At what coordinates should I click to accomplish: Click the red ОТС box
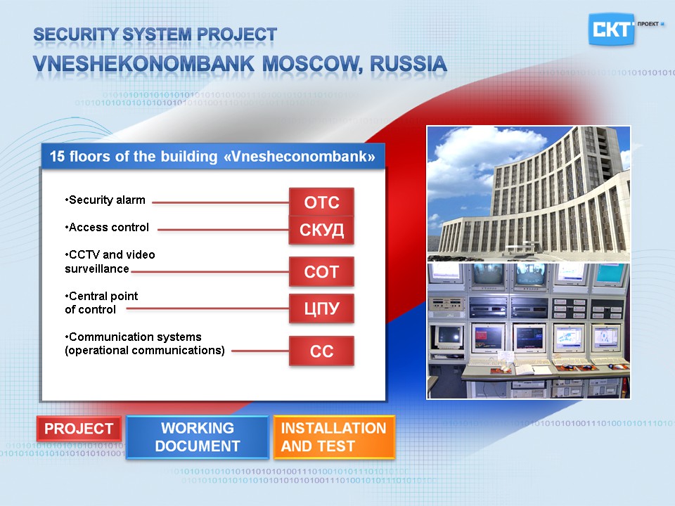coord(321,202)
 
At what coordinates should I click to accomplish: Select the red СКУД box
coord(321,230)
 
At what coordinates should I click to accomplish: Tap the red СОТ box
coord(321,271)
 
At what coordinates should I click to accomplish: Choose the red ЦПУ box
coord(321,308)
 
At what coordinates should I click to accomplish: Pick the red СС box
coord(321,351)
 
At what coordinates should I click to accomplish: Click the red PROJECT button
coord(79,429)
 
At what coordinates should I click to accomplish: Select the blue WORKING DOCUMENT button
coord(198,437)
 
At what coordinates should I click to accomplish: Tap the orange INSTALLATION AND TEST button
coord(334,437)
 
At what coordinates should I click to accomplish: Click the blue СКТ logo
coord(611,30)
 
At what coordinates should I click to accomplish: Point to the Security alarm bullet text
coord(105,200)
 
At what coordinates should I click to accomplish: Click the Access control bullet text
coord(107,227)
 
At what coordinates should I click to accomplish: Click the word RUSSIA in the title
coord(408,64)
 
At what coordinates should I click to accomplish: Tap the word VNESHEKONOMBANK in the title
coord(143,64)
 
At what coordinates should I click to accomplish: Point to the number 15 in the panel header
coord(57,156)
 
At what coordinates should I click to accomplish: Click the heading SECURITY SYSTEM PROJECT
coord(155,34)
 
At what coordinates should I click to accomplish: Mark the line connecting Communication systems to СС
coord(260,351)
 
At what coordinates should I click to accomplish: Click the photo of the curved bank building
coord(529,194)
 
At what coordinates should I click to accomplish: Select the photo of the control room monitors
coord(529,331)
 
